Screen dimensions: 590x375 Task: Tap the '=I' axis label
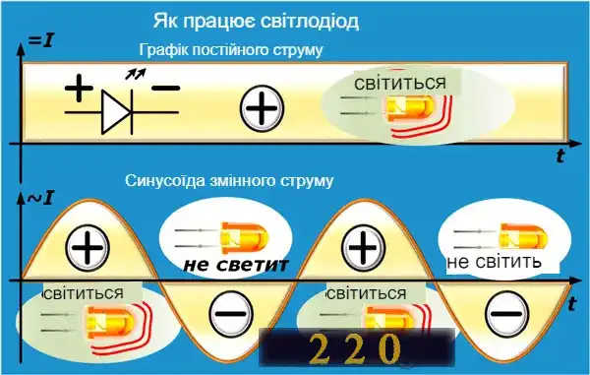pos(40,40)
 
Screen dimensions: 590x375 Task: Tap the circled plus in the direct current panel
pos(262,106)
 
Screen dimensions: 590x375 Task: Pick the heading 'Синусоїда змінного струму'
pos(230,181)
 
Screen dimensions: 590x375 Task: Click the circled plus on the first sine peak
pos(89,246)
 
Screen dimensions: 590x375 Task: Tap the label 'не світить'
pos(495,263)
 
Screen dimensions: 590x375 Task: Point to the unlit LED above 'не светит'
pos(232,236)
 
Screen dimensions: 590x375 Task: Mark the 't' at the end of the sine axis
pos(572,305)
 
